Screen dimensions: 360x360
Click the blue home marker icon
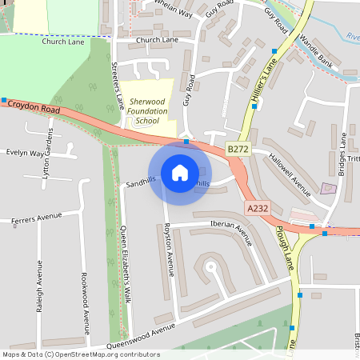tap(180, 172)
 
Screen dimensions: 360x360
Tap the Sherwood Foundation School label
tap(147, 111)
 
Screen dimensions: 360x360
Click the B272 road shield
tap(237, 149)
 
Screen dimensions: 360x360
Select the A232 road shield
tap(256, 208)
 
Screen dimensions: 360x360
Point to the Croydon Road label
tap(33, 106)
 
